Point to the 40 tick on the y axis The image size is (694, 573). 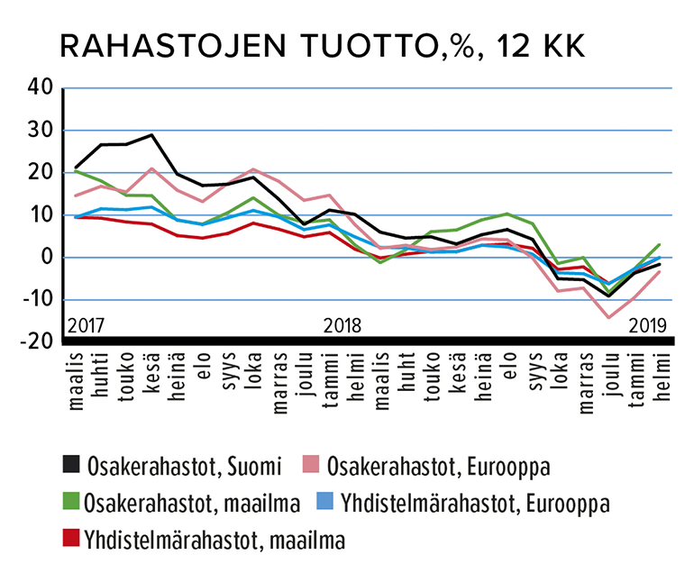tap(41, 88)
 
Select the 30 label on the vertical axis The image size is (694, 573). tap(41, 131)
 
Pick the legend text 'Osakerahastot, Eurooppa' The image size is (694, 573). tap(440, 466)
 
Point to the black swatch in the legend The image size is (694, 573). tap(68, 465)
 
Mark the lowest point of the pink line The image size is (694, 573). tap(608, 317)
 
